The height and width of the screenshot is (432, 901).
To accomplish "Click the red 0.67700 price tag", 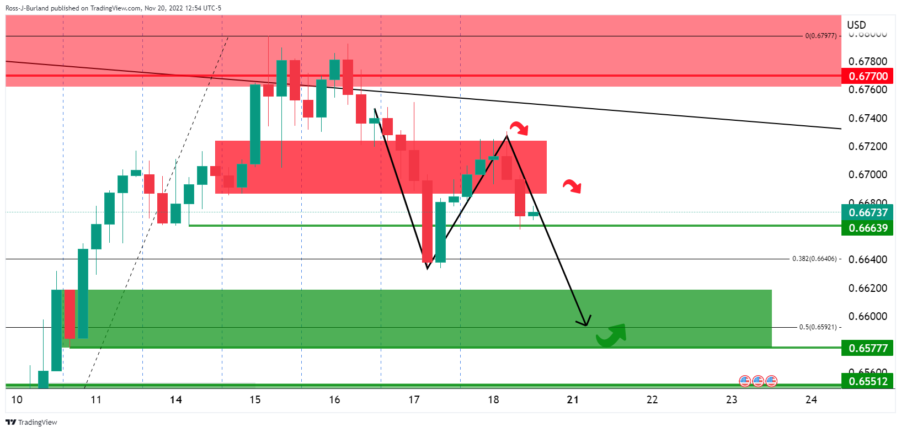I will click(x=868, y=76).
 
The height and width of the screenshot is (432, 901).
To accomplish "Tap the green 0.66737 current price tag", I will click(x=868, y=212).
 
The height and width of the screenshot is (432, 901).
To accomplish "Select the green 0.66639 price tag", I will click(x=868, y=228).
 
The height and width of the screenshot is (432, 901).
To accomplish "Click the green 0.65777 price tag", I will click(x=868, y=348).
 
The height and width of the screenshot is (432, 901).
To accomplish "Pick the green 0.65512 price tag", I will click(x=868, y=381).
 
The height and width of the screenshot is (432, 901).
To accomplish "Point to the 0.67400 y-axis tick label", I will click(x=868, y=118).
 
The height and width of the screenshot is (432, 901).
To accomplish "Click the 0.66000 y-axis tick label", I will click(x=868, y=316).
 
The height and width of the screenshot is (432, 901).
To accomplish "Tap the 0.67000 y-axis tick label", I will click(x=868, y=174).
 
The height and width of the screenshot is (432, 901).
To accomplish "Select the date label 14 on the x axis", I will click(x=176, y=399).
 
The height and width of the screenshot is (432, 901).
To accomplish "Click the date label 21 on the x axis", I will click(x=573, y=399).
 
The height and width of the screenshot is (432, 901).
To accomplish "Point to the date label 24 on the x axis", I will click(x=811, y=399).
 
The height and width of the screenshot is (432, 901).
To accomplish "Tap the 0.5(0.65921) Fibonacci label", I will click(x=818, y=327).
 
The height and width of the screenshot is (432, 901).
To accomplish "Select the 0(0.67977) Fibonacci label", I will click(x=820, y=36).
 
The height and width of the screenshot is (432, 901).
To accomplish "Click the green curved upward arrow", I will click(x=612, y=334).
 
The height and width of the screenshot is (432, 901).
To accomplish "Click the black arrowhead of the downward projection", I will click(x=585, y=323).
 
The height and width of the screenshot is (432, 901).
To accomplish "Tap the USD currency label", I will click(x=856, y=25).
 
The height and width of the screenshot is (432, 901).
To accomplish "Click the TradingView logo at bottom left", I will click(x=31, y=422).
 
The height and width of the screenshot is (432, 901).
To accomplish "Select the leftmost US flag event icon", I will click(x=745, y=381).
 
